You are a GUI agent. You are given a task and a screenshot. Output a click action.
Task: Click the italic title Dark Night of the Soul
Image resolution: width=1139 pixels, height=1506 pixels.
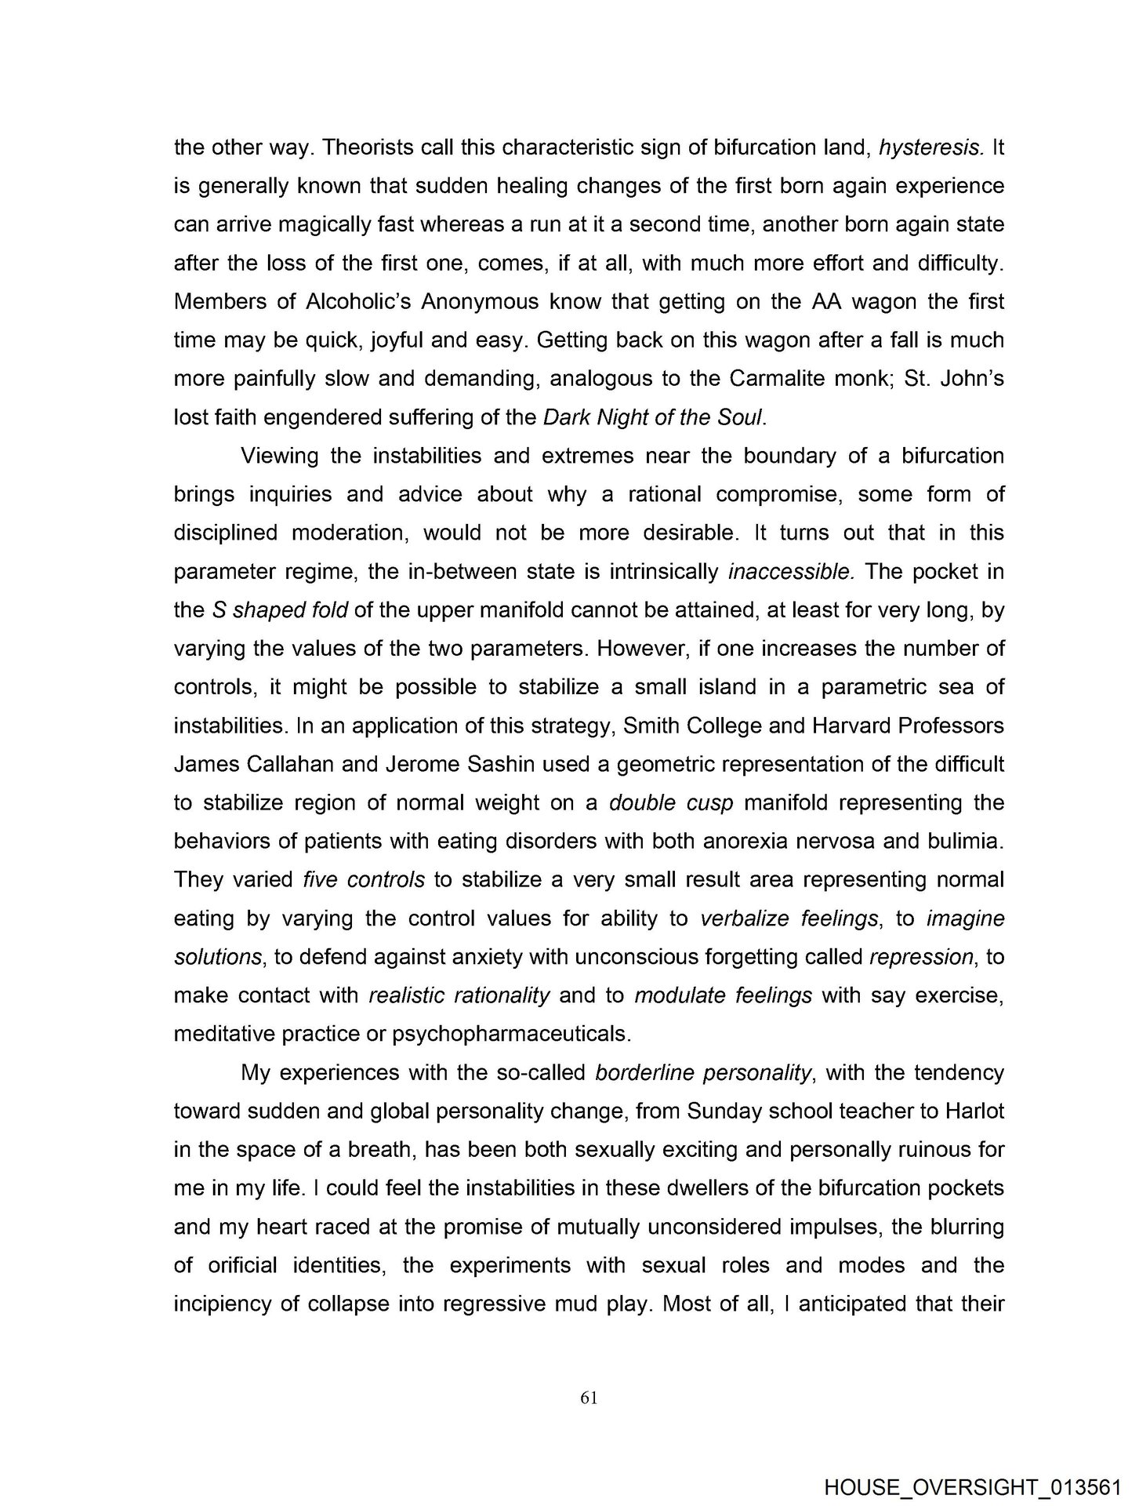(x=652, y=418)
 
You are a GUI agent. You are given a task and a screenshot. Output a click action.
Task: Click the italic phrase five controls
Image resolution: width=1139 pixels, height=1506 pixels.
(x=364, y=880)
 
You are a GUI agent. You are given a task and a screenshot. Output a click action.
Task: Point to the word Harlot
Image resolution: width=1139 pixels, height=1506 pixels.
(x=974, y=1111)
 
